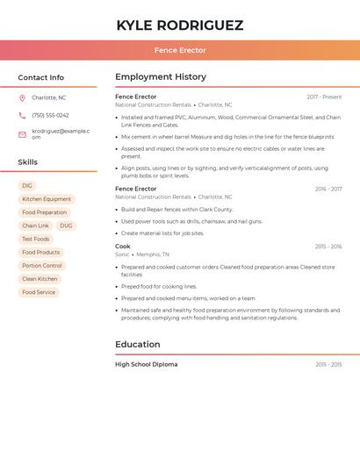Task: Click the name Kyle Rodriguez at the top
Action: pyautogui.click(x=180, y=25)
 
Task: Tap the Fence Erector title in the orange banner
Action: pyautogui.click(x=180, y=51)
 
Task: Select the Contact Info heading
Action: pyautogui.click(x=41, y=77)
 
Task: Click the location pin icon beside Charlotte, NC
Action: pyautogui.click(x=23, y=98)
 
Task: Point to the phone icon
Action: pyautogui.click(x=23, y=116)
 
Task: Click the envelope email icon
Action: pyautogui.click(x=23, y=134)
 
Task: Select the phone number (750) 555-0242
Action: pyautogui.click(x=50, y=116)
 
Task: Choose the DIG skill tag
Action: pyautogui.click(x=27, y=186)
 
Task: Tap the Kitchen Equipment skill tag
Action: pyautogui.click(x=47, y=199)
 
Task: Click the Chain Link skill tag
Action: pyautogui.click(x=36, y=225)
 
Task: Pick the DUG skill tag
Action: pyautogui.click(x=66, y=225)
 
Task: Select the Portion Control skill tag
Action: pyautogui.click(x=42, y=266)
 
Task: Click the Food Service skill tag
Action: pyautogui.click(x=39, y=292)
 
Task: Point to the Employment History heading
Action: pyautogui.click(x=161, y=77)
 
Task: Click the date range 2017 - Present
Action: pyautogui.click(x=324, y=97)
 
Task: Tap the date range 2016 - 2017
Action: pyautogui.click(x=328, y=189)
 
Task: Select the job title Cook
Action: pyautogui.click(x=123, y=247)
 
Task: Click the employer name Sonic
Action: pyautogui.click(x=122, y=254)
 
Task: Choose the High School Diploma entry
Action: pyautogui.click(x=146, y=364)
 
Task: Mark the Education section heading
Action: pyautogui.click(x=138, y=345)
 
